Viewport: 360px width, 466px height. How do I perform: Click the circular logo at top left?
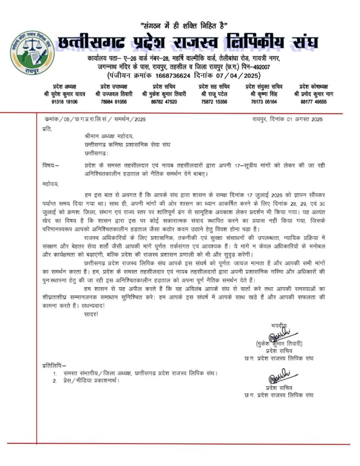point(31,53)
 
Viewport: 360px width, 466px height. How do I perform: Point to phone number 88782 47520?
point(164,102)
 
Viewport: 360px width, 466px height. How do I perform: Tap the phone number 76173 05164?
point(264,102)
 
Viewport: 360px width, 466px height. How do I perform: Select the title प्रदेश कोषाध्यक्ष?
point(314,86)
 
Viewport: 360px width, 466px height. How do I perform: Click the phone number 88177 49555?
point(314,102)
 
